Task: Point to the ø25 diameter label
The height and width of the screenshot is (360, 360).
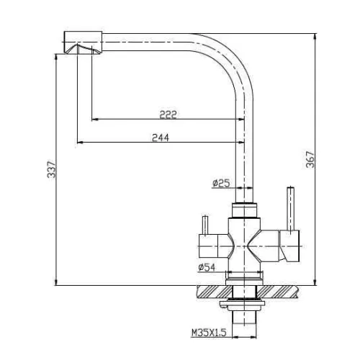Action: (221, 184)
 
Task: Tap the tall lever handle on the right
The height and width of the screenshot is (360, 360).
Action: (291, 210)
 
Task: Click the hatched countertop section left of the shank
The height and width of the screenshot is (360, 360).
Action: (212, 291)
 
